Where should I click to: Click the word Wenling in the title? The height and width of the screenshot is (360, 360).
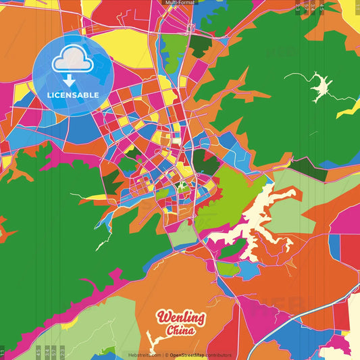point(181,317)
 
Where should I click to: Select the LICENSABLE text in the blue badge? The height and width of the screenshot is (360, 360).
point(73,94)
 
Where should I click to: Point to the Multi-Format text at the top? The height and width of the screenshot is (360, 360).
point(180,3)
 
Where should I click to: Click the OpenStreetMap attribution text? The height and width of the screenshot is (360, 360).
point(200,355)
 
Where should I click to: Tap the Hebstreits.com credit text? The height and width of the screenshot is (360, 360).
point(145,355)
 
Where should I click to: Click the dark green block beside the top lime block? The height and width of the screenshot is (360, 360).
point(200,45)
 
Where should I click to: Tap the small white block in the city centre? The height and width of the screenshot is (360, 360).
point(176,142)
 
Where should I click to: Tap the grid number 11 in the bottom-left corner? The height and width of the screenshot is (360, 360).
point(3,352)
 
